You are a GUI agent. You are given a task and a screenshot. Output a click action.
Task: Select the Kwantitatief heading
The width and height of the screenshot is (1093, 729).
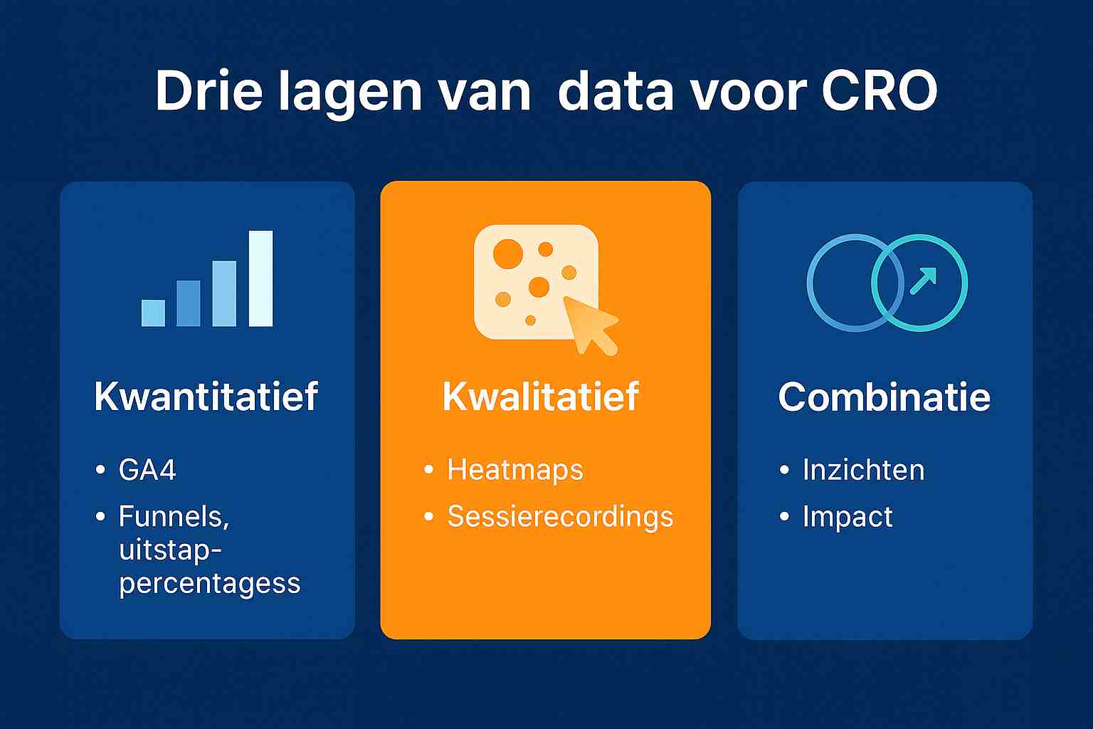tap(206, 397)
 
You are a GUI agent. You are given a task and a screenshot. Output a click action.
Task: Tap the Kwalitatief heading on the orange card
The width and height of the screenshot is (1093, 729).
tap(541, 397)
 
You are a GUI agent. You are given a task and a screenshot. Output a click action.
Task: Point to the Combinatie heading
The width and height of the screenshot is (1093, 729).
tap(884, 397)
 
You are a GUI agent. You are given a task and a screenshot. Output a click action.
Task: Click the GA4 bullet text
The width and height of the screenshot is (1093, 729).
tap(147, 471)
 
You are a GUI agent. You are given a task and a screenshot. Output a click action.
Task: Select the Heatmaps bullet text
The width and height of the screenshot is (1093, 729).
tap(515, 471)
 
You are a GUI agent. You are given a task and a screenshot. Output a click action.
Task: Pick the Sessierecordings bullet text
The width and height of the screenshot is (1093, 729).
tap(560, 517)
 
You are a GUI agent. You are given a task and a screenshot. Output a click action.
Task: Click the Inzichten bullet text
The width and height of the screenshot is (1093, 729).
tap(863, 471)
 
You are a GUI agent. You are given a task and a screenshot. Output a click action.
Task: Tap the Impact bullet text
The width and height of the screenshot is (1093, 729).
tap(848, 517)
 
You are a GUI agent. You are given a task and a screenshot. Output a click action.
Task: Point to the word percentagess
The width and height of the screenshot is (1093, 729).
tap(210, 584)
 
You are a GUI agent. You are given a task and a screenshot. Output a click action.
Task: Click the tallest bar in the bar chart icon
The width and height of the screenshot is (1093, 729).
tap(261, 278)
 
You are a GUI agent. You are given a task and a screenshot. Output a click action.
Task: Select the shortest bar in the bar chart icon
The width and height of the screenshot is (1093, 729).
tap(153, 313)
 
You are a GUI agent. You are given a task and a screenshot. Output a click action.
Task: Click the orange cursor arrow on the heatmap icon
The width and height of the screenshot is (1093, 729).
tap(589, 325)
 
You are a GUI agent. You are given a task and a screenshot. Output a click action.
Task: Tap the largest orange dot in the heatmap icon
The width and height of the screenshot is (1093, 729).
tap(508, 254)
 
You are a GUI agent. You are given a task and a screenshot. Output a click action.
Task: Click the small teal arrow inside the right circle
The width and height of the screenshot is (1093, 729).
tap(923, 281)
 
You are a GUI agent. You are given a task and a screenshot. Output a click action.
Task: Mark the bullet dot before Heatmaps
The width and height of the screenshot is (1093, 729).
tap(428, 471)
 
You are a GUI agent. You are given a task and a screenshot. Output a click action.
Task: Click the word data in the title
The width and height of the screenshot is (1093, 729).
tap(615, 91)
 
